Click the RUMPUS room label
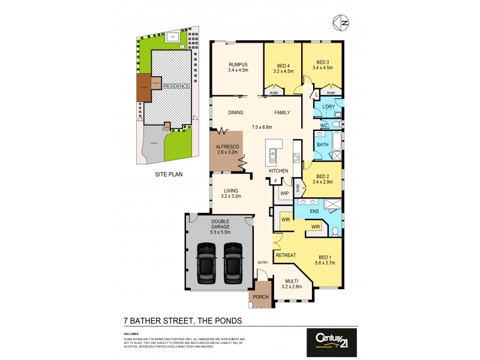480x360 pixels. click(238, 65)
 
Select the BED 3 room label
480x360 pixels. click(323, 62)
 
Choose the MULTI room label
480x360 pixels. click(292, 281)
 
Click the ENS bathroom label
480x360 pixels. click(314, 212)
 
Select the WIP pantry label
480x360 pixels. click(284, 194)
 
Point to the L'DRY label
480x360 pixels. click(328, 107)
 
